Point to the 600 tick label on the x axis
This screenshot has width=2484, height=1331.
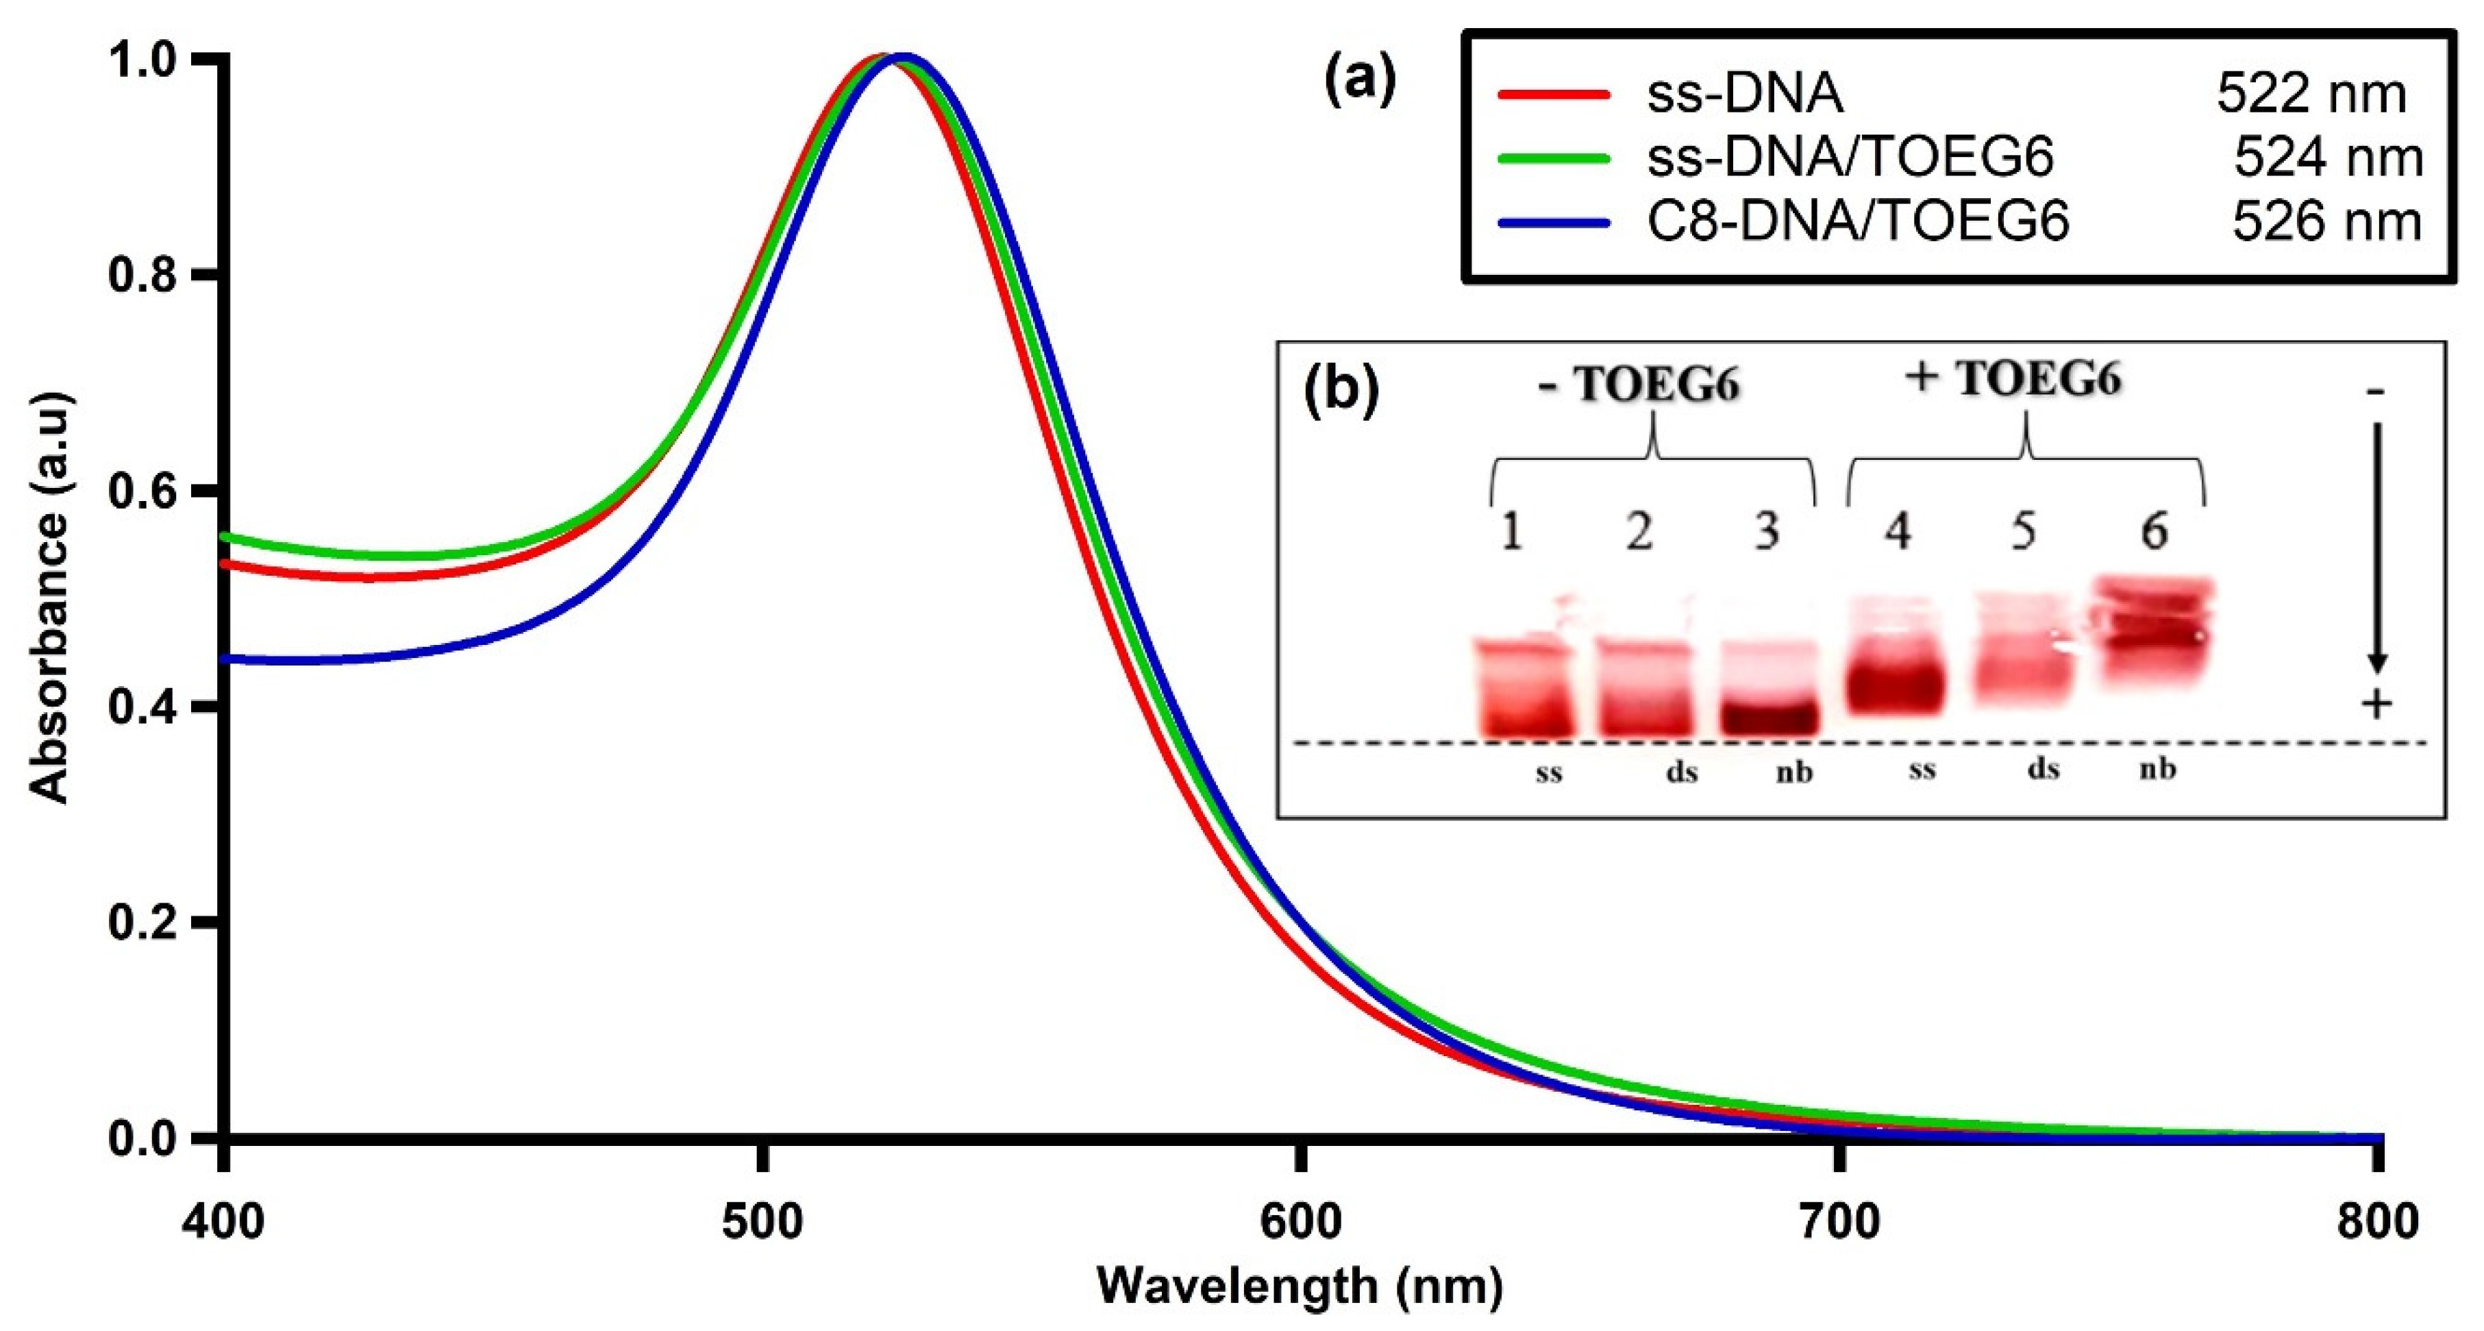[1301, 1222]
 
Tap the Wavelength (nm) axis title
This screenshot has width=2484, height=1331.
[1300, 1286]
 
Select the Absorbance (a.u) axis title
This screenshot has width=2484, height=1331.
[50, 598]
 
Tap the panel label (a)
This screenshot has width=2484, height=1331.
[1360, 81]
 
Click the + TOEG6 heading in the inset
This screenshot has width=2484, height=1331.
[2013, 378]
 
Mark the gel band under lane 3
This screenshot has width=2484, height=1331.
[1769, 716]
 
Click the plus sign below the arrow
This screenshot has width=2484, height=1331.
[2376, 705]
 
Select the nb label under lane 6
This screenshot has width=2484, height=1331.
[2158, 770]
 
